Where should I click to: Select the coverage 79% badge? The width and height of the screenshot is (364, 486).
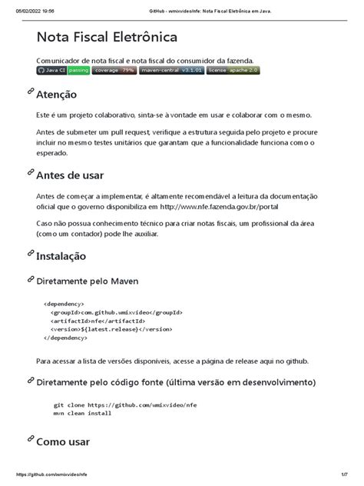pyautogui.click(x=114, y=70)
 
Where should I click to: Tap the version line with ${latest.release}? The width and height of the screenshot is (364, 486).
pyautogui.click(x=108, y=329)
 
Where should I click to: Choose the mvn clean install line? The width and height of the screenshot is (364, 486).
pyautogui.click(x=81, y=413)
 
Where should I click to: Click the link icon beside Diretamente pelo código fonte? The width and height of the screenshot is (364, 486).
pyautogui.click(x=31, y=381)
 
